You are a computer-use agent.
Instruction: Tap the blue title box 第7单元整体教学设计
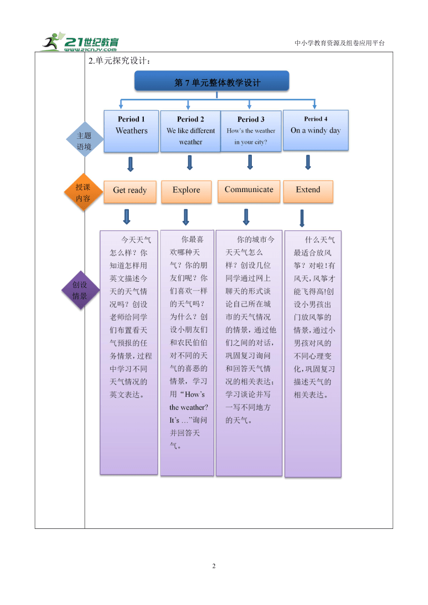tap(212, 81)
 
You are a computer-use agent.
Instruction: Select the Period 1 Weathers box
tap(131, 131)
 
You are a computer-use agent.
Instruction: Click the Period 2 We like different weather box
tap(191, 131)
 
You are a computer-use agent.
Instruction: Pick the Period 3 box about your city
tap(251, 131)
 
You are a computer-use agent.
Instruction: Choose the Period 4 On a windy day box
tap(316, 130)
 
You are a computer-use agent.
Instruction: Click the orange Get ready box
tap(130, 192)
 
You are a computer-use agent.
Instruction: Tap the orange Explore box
tap(186, 192)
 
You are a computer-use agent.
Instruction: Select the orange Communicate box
tap(249, 191)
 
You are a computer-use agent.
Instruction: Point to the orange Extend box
tap(308, 191)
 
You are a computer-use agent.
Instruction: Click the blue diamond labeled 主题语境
tap(85, 139)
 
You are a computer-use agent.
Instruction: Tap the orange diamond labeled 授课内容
tap(84, 192)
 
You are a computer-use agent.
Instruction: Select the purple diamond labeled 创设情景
tap(81, 290)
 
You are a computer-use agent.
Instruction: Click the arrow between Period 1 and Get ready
tap(130, 164)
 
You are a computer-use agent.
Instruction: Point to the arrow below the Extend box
tap(302, 218)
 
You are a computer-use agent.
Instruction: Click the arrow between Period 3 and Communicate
tap(250, 162)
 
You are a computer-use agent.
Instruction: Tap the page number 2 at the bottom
tap(214, 566)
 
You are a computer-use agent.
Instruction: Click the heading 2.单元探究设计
tap(119, 61)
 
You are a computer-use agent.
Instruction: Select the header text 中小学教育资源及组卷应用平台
tap(339, 43)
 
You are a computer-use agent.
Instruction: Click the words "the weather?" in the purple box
tap(189, 407)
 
